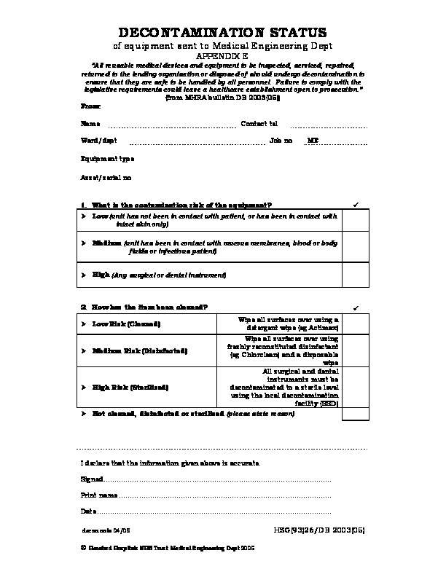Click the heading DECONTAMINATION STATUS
pos(222,33)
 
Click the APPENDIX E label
pos(222,55)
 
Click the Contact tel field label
pos(259,123)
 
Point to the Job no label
pos(281,140)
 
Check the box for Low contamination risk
pos(355,221)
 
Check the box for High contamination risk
pos(355,275)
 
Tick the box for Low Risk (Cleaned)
pos(355,324)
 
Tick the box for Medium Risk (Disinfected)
pos(355,350)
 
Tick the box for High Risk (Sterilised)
pos(355,388)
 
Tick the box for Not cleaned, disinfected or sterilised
pos(355,414)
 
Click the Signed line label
pos(92,479)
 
